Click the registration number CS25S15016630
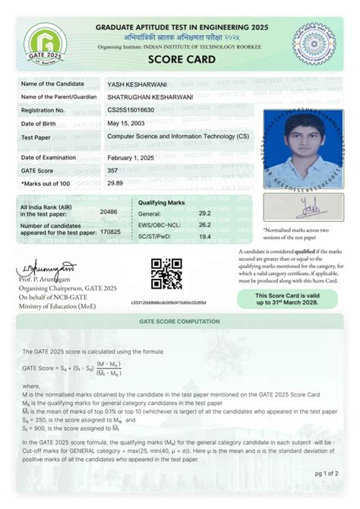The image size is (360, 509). [x=135, y=110]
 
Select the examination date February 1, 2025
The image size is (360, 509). [x=131, y=157]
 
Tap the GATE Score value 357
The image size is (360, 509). [x=112, y=170]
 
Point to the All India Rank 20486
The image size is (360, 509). [x=109, y=212]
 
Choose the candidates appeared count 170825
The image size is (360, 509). [x=110, y=230]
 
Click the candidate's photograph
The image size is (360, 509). [x=303, y=149]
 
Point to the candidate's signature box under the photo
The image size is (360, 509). [x=303, y=206]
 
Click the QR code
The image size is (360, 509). [x=166, y=274]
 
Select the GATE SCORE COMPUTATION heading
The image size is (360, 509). [x=180, y=321]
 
